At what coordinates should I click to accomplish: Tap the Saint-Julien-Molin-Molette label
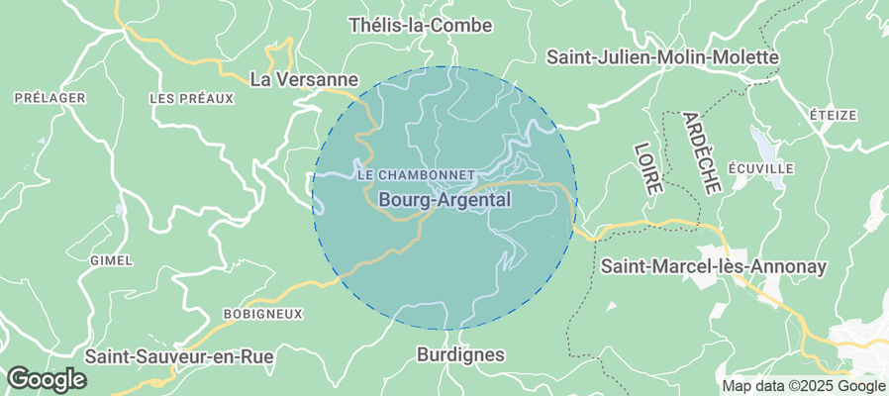662,57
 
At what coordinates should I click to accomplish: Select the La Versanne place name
303,77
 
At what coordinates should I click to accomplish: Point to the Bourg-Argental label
444,200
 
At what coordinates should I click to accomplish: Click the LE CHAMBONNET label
415,174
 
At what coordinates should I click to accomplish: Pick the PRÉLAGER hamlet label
50,98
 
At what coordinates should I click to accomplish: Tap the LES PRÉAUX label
190,98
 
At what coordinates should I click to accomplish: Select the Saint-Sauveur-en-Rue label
179,354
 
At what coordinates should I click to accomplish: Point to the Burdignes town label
460,354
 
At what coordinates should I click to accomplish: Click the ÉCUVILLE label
760,168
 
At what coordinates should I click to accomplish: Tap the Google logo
47,378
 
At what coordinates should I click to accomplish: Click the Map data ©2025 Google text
803,386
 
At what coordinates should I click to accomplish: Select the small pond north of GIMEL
120,210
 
